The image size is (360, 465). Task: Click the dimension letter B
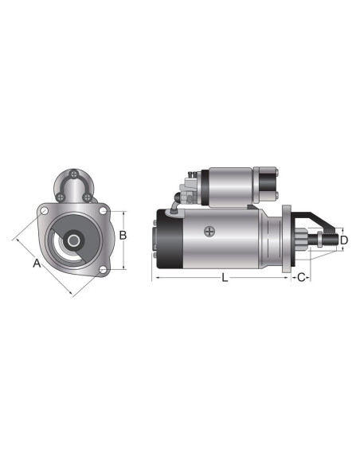point(123,235)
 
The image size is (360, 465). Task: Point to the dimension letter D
point(344,239)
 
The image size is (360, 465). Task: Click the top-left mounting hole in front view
point(45,211)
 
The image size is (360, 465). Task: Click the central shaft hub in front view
point(74,239)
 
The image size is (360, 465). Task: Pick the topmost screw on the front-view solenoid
point(74,175)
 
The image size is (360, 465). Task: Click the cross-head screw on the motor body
point(209,232)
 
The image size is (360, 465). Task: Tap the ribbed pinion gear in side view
point(307,239)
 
